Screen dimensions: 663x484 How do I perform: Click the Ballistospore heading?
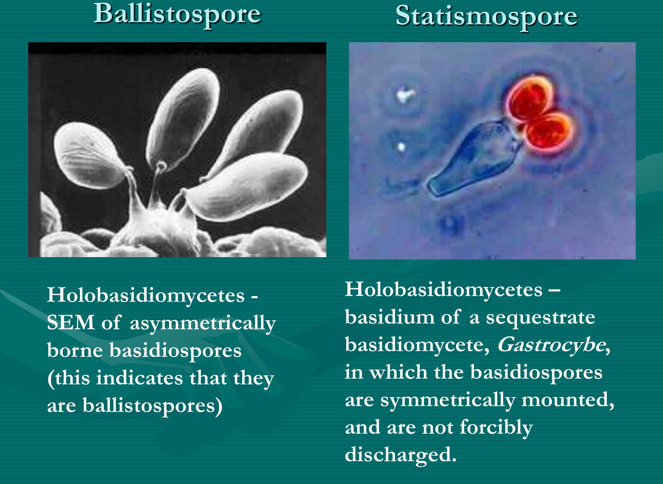177,15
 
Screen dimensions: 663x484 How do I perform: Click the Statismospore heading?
487,17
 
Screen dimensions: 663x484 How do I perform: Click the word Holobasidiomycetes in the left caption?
146,295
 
